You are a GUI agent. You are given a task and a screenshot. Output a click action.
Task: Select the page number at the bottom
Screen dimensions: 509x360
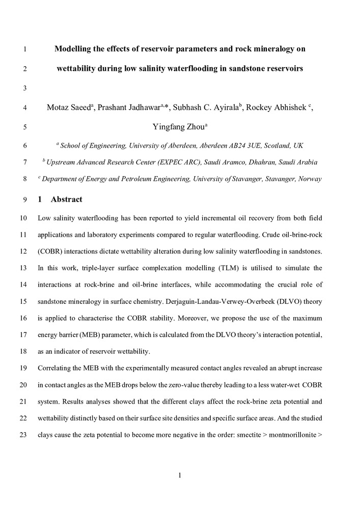tap(180, 475)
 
